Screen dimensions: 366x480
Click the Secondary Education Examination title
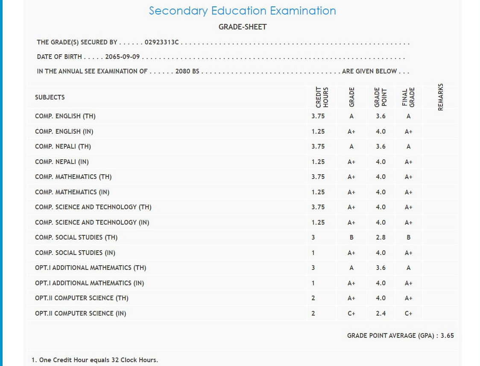[x=242, y=11]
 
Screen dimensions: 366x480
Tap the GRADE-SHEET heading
[x=243, y=27]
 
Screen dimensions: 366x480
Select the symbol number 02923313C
[x=162, y=42]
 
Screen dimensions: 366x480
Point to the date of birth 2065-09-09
[x=123, y=57]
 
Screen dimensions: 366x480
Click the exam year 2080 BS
[x=187, y=71]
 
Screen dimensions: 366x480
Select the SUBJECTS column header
[x=50, y=97]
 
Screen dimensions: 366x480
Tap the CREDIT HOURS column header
[x=322, y=97]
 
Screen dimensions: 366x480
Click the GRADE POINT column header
[x=380, y=97]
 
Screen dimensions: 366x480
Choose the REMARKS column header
[x=441, y=97]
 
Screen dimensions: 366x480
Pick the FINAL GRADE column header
[x=409, y=97]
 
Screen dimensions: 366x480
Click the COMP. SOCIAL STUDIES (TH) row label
[x=76, y=237]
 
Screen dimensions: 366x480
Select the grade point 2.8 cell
[x=380, y=237]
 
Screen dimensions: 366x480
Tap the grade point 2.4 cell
[x=380, y=313]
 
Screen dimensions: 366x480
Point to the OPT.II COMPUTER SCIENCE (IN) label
[x=81, y=313]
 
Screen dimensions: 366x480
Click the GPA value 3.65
[x=447, y=336]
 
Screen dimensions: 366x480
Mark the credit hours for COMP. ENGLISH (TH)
[x=318, y=116]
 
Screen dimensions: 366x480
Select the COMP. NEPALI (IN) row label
[x=62, y=162]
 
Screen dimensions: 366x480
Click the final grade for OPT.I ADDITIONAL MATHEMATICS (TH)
[x=409, y=268]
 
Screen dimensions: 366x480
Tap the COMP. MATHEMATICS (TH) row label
[x=73, y=177]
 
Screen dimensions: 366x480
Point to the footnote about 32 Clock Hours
[x=94, y=360]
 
